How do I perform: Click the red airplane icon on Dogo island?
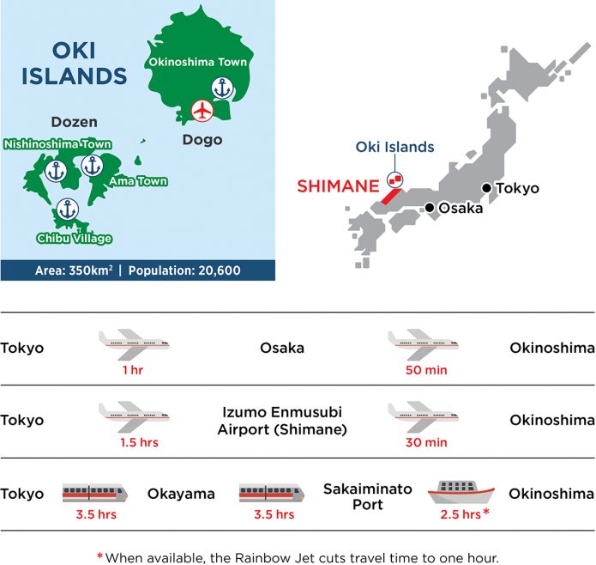[202, 111]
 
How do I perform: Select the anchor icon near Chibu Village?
[66, 209]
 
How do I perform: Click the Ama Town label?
[137, 181]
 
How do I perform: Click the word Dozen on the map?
[74, 122]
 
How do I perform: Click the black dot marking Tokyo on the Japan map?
[487, 188]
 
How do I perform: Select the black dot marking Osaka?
[429, 208]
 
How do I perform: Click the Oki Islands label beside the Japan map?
[395, 147]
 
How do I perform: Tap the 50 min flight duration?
[425, 370]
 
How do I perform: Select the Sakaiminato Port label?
[367, 496]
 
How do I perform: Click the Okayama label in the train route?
[181, 494]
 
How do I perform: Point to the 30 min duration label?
[425, 443]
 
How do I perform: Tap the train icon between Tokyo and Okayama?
[95, 493]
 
